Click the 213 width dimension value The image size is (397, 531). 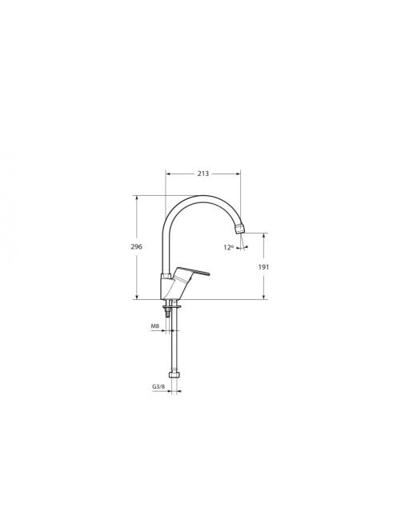click(x=203, y=174)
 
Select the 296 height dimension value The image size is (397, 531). click(x=137, y=246)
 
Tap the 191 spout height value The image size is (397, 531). click(x=263, y=267)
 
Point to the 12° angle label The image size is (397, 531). click(x=228, y=248)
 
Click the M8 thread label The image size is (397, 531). click(x=155, y=326)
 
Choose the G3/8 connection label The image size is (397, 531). click(x=158, y=386)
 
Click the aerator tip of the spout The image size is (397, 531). click(x=239, y=229)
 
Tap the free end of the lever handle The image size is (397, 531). click(x=207, y=273)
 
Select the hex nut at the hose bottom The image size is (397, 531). click(x=174, y=375)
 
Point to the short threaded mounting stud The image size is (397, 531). click(x=166, y=313)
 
